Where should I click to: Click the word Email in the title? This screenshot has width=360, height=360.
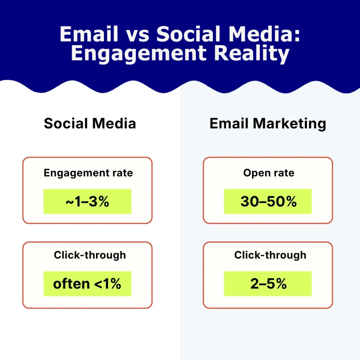(89, 34)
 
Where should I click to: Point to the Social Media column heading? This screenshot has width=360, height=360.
(90, 123)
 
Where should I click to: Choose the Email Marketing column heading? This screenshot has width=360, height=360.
(268, 123)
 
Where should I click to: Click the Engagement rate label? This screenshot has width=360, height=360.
(88, 173)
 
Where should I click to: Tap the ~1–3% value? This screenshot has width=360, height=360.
(88, 202)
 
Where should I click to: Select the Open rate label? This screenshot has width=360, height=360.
(269, 173)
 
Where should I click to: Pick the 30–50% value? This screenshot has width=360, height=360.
(268, 202)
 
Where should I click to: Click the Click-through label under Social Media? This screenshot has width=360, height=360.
(90, 255)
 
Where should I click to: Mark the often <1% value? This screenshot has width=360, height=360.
(87, 284)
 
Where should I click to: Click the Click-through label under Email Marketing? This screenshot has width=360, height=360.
(270, 255)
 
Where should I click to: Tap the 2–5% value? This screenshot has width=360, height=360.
(268, 284)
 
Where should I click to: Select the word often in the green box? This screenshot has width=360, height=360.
(71, 284)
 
